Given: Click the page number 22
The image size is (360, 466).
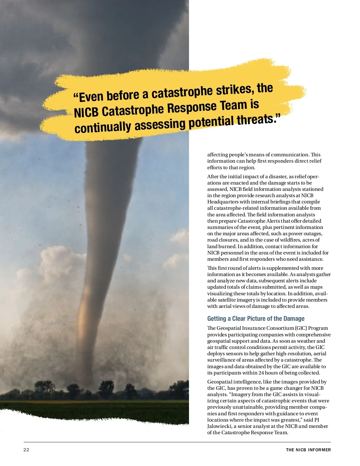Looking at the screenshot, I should coord(26,450).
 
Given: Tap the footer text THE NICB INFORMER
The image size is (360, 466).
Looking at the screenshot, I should coord(308,450).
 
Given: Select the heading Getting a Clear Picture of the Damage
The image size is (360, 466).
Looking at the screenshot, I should coord(256,319).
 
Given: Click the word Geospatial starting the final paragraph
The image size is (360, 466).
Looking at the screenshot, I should coord(220,382).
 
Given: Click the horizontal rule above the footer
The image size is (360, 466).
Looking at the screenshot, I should coord(177,442).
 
